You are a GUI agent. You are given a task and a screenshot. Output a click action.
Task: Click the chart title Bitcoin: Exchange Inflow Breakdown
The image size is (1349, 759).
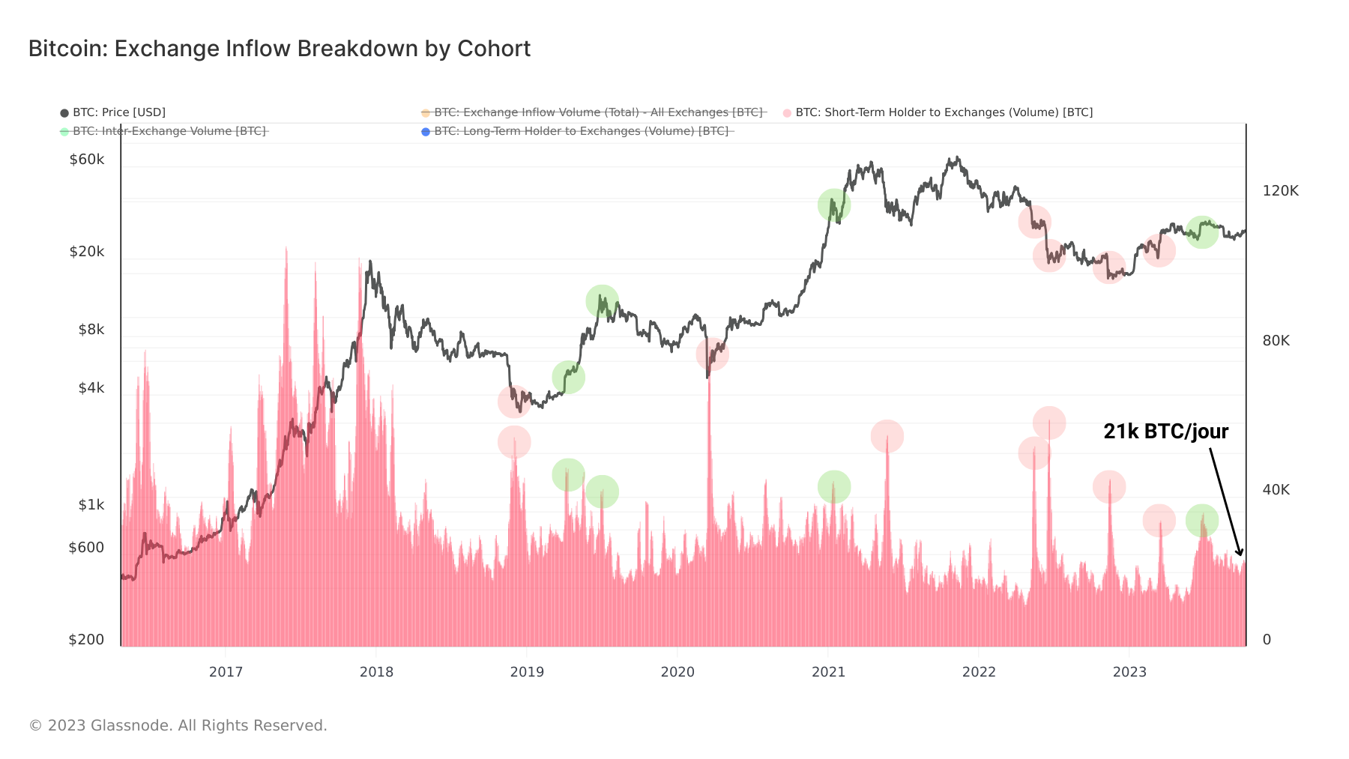point(279,49)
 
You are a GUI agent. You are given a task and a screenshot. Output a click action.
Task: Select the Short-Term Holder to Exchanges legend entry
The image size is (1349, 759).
point(944,112)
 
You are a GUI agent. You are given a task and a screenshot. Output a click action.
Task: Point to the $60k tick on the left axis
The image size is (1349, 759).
point(87,160)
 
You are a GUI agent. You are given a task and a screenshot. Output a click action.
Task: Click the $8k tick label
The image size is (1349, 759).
point(91,330)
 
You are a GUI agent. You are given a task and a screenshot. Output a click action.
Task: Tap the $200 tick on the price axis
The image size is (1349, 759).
point(86,640)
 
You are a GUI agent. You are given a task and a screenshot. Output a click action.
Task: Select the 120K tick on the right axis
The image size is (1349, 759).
point(1280,191)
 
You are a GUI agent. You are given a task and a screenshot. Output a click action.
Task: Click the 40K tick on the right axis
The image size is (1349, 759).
point(1276,490)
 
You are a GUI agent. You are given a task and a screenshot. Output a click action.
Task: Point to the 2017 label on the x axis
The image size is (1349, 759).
point(226,672)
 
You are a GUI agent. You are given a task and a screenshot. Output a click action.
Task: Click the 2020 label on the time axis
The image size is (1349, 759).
point(677,672)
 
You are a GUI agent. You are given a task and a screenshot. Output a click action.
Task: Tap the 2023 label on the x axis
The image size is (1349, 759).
point(1129,672)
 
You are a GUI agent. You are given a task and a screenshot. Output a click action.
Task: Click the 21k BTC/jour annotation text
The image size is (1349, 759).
point(1165,432)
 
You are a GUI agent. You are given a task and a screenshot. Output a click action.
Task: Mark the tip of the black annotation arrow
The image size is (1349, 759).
point(1241,555)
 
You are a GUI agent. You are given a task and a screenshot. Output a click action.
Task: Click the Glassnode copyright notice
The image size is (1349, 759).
point(178,725)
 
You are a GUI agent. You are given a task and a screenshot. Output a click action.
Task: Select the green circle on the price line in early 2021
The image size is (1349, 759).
point(833,205)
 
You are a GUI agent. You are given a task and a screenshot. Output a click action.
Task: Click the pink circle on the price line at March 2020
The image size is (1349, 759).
point(712,354)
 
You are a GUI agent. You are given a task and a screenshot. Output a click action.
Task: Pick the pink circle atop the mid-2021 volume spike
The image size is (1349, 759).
point(887,436)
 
